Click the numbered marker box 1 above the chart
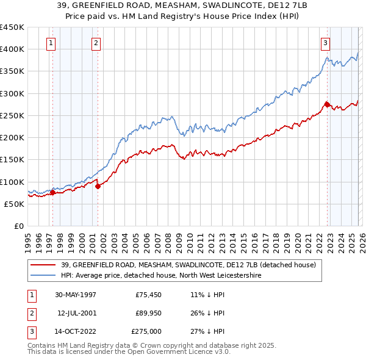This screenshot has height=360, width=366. (50, 43)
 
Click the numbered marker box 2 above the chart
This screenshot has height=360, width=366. (96, 43)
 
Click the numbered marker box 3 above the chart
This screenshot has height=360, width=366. (325, 43)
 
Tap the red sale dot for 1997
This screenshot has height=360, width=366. (52, 193)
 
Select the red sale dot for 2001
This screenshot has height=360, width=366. (98, 187)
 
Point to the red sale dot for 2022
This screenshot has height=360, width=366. (328, 105)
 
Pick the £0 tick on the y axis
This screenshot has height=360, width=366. (19, 226)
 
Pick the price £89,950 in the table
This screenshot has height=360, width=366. (146, 313)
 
